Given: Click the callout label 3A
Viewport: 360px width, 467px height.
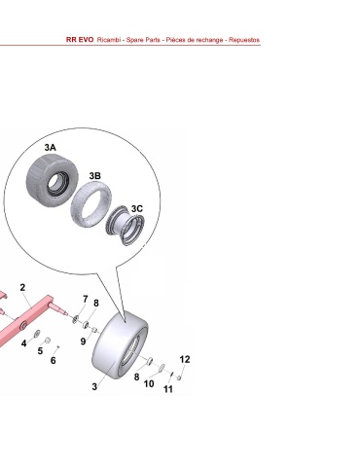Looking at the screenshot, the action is point(51,148).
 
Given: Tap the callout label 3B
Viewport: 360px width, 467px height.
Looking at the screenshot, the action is point(95,176).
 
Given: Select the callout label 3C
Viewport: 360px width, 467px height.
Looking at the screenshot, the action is point(137,208).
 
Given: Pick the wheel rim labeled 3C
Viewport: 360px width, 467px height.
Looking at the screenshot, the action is point(126,225).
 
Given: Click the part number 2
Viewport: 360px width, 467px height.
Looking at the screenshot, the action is point(22,287).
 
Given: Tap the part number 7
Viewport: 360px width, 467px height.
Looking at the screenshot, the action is point(86,299).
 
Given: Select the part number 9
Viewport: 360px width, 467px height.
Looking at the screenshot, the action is point(84,341).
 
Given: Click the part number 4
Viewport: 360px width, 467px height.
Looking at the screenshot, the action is point(23,343).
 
